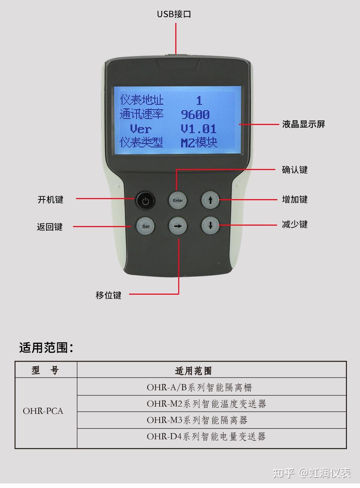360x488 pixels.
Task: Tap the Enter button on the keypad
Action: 178,200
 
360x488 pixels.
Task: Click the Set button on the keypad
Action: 145,226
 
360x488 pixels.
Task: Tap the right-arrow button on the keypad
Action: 178,226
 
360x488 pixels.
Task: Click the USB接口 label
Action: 174,14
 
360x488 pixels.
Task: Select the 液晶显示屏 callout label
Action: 303,124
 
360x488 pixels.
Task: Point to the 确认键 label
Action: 295,170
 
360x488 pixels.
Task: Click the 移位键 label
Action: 108,295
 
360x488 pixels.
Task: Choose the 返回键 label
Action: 50,227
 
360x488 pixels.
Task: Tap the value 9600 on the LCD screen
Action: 195,115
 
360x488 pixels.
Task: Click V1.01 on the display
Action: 199,129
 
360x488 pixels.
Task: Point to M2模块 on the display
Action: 199,142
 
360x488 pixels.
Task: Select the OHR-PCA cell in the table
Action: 43,411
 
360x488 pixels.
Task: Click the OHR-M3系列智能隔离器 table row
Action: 197,420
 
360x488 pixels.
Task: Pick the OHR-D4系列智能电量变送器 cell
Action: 206,436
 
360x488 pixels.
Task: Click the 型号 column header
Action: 45,370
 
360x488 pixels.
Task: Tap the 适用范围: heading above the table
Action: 46,348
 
